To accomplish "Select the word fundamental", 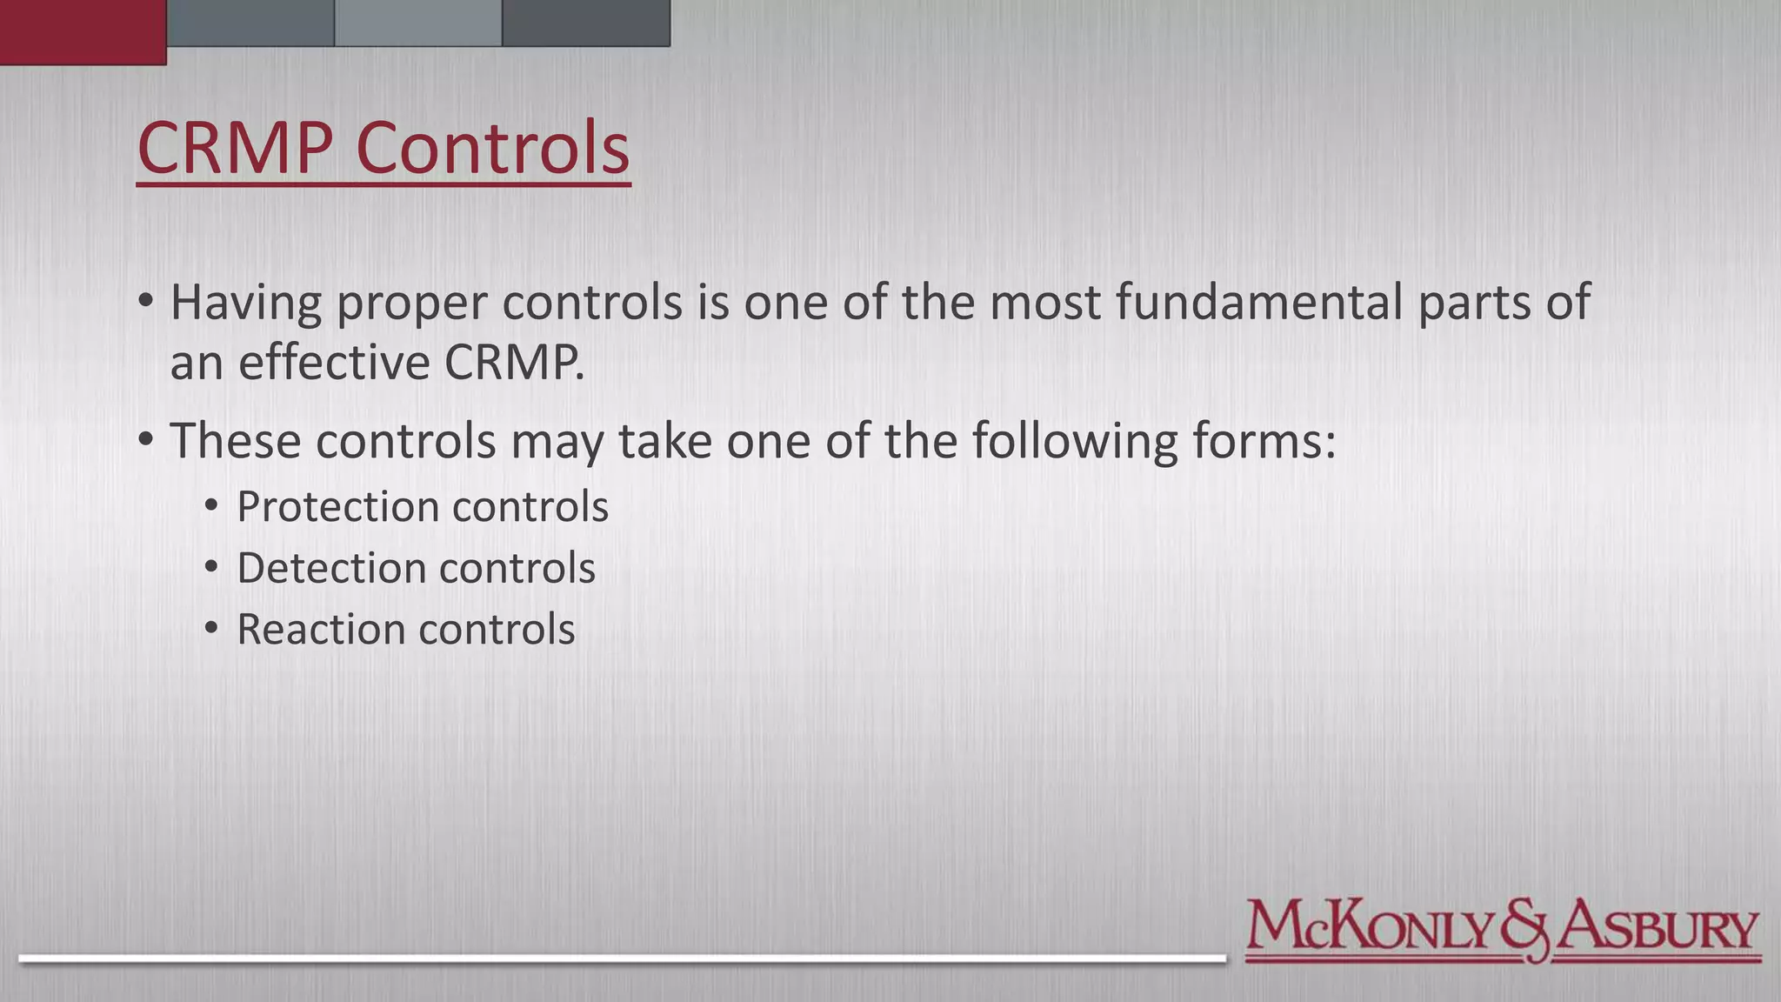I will point(1258,303).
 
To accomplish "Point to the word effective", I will point(333,363).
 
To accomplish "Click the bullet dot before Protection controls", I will point(211,505).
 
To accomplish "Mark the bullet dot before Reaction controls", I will point(211,628).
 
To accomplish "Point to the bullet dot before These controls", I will point(145,439).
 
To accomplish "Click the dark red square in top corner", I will point(83,31).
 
